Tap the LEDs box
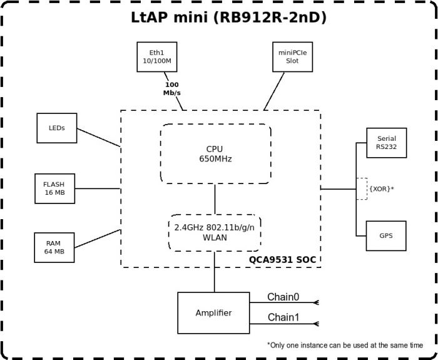coord(56,128)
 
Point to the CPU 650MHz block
coord(215,153)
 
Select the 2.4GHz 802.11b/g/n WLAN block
coord(215,232)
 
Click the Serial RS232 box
coord(386,143)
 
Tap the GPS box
coord(386,236)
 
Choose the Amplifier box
coord(213,312)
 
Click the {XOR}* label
coord(381,188)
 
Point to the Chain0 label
coord(283,297)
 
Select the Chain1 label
coord(283,317)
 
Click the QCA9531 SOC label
coord(283,259)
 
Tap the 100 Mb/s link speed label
coord(172,88)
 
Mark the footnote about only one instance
coord(344,345)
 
